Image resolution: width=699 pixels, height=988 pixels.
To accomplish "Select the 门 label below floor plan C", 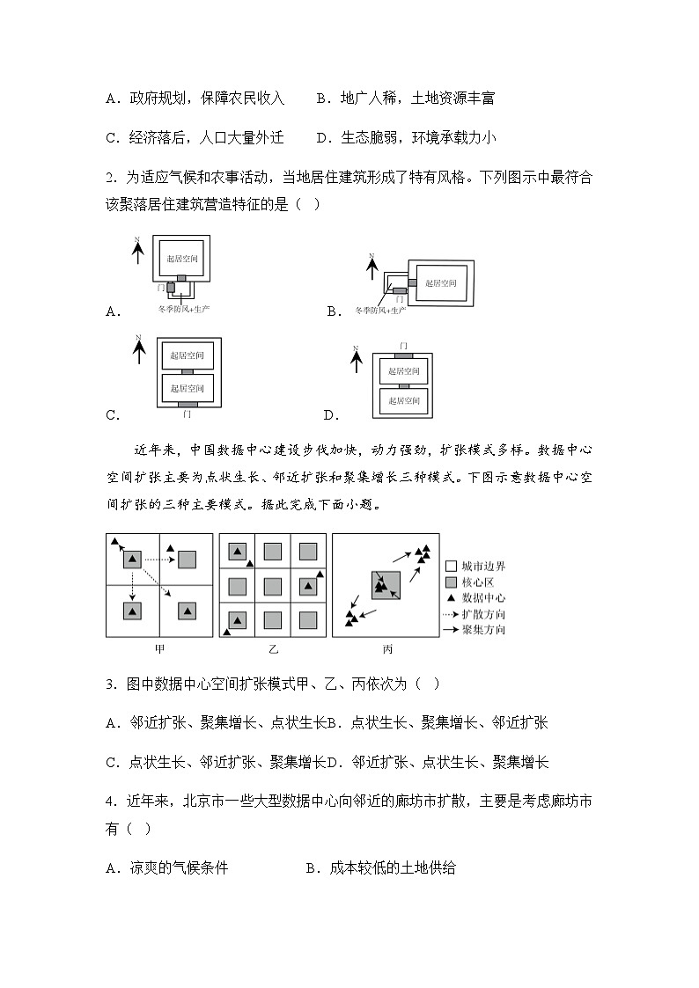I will point(187,413).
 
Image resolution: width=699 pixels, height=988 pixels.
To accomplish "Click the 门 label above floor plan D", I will point(403,344).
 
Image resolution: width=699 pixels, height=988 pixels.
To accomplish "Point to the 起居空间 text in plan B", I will point(440,283).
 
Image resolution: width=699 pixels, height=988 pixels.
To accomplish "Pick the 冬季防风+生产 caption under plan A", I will point(183,310).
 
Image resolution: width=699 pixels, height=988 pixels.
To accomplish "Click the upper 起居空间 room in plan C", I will point(187,355).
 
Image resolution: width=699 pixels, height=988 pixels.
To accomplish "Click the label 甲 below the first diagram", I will point(159,649).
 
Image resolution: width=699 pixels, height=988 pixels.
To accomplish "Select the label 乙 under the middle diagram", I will point(272,649).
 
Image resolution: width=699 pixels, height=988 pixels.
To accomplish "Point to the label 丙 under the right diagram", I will point(386,649).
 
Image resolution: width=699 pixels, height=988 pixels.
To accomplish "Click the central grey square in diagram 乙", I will point(273,585).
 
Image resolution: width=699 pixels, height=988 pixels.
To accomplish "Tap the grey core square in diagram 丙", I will point(386,585).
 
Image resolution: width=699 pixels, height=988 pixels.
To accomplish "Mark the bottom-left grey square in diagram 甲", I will point(132,611).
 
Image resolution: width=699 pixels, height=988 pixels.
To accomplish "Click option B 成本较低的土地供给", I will point(380,868).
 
